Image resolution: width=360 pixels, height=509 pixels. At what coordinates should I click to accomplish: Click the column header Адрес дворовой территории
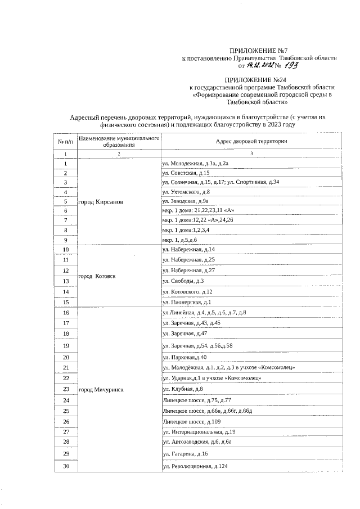tap(251, 141)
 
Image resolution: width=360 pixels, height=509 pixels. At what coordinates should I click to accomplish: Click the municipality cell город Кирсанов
tap(101, 201)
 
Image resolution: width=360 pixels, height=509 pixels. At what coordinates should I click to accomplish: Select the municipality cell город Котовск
tap(97, 276)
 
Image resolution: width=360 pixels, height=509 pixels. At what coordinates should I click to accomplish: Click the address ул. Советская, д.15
tap(186, 173)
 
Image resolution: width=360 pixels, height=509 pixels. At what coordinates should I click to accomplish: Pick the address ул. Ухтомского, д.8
tap(186, 192)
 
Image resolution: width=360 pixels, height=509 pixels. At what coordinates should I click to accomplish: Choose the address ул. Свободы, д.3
tap(183, 281)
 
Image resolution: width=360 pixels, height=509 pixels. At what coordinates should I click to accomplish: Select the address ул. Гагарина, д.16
tap(185, 453)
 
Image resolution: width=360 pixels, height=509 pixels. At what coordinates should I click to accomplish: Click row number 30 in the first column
tap(66, 466)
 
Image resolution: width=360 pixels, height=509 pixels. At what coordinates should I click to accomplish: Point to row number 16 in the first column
tap(66, 313)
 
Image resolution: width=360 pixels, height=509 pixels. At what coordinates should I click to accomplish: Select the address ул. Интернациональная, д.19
tap(199, 432)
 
